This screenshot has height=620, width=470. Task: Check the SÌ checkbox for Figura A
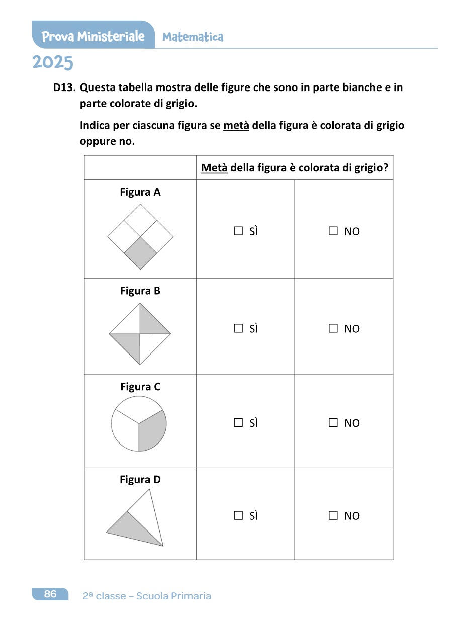click(238, 231)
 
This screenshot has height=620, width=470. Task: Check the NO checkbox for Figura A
click(333, 231)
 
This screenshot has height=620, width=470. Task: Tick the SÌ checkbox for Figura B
click(238, 328)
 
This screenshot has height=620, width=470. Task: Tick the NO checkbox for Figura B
click(333, 328)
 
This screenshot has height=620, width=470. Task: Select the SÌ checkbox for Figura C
click(238, 423)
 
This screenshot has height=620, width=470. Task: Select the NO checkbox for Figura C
click(333, 423)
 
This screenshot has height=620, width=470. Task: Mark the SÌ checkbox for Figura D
click(238, 515)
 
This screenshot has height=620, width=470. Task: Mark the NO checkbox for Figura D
click(333, 515)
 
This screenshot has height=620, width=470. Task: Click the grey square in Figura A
click(140, 253)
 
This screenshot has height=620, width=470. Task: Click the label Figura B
click(140, 291)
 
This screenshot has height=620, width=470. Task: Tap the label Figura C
click(140, 387)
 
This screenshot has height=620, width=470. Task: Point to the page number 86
click(50, 594)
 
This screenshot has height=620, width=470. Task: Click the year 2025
click(53, 63)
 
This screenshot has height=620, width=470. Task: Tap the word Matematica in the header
click(193, 37)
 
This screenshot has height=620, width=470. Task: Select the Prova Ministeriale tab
click(93, 36)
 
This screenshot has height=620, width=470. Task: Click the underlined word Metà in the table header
click(214, 168)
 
